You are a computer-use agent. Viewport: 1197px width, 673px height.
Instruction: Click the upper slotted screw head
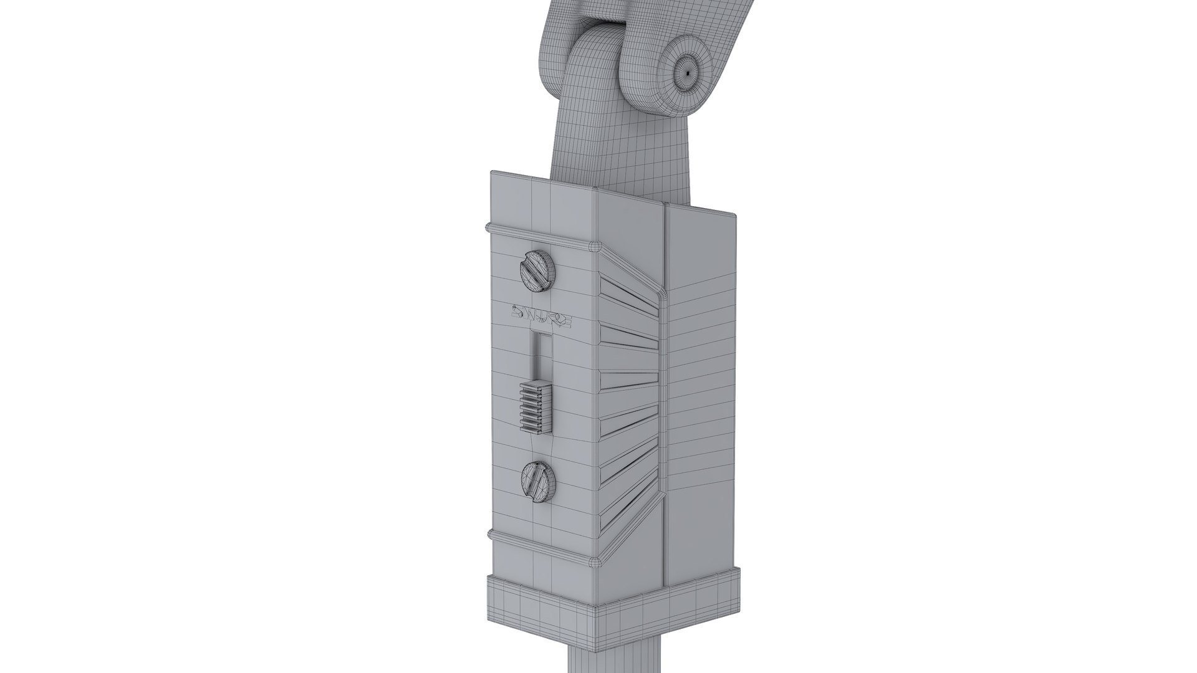coord(537,272)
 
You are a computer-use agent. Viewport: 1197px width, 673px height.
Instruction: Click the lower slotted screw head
coord(537,482)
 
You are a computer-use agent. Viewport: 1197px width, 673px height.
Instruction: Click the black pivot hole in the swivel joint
coord(686,72)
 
